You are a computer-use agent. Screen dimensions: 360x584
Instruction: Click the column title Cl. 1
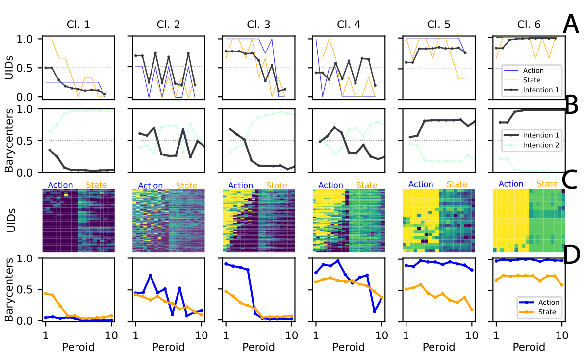tap(78, 24)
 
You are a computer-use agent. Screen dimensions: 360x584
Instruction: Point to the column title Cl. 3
tap(259, 24)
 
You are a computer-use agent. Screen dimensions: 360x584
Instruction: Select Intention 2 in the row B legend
tap(542, 145)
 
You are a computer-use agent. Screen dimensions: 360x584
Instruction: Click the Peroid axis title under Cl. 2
tap(169, 347)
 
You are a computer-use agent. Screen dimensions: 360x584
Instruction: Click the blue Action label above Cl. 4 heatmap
tap(330, 185)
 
